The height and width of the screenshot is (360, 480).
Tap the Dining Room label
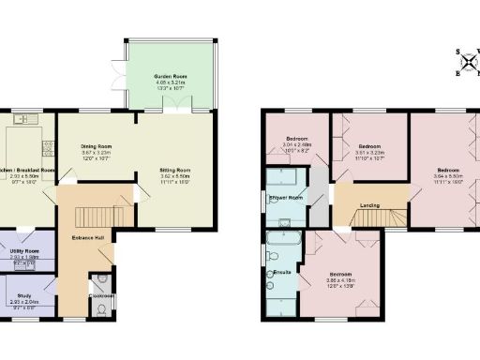click(x=97, y=146)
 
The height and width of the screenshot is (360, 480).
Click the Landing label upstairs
click(x=369, y=205)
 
